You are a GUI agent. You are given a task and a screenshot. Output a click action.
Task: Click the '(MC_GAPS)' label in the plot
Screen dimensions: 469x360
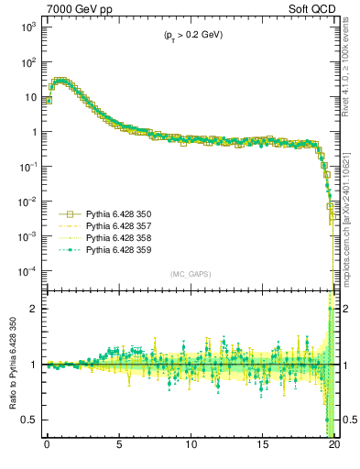[188, 274]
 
